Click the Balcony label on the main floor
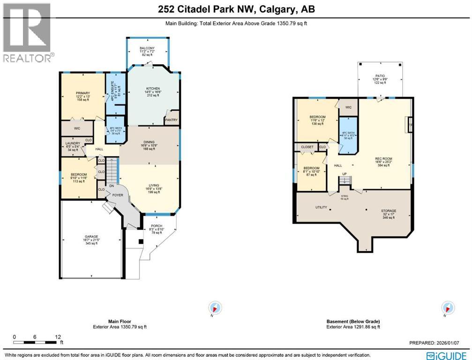(147, 48)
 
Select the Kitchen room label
(153, 89)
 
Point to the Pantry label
(171, 120)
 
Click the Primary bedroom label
(82, 93)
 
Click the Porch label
(157, 226)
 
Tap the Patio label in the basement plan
(380, 75)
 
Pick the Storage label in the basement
(389, 211)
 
